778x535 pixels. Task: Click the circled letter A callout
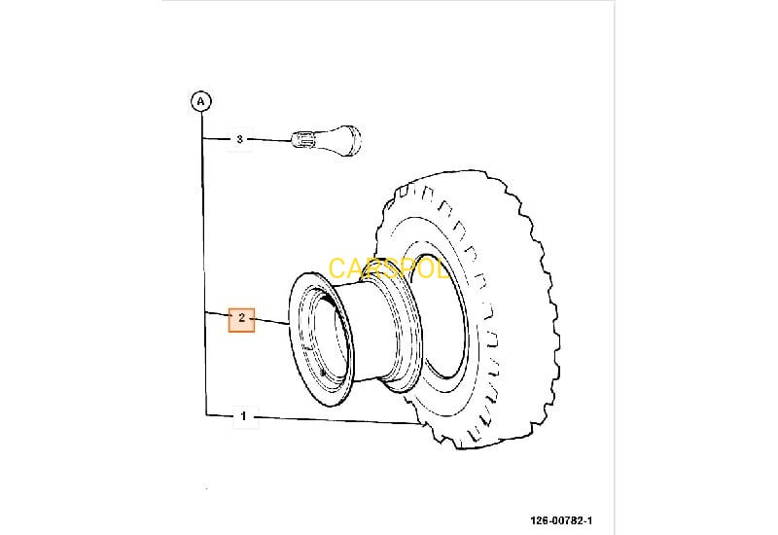(200, 100)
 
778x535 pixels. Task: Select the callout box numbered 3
(240, 139)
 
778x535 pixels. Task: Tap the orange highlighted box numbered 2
(241, 320)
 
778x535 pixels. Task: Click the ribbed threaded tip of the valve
(303, 141)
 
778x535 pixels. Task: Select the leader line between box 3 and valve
(271, 140)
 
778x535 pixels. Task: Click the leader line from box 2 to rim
(272, 322)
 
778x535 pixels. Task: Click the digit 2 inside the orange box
(241, 320)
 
